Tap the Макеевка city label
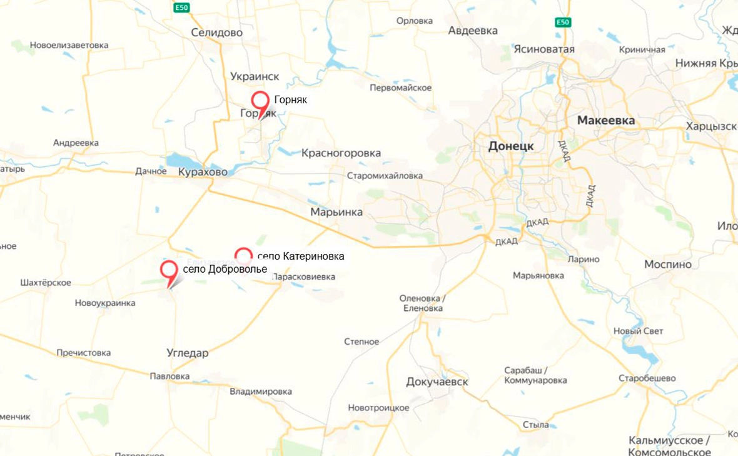point(605,120)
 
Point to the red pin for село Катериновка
point(243,255)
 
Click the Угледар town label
point(188,353)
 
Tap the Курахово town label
point(203,171)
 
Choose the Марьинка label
point(336,212)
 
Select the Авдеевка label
point(473,31)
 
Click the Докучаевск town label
point(437,382)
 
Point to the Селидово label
point(217,33)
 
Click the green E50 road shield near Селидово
point(181,7)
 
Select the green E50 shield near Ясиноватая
point(563,23)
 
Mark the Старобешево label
point(647,378)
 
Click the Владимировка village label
point(261,392)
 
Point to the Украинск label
point(255,76)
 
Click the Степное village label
point(361,342)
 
